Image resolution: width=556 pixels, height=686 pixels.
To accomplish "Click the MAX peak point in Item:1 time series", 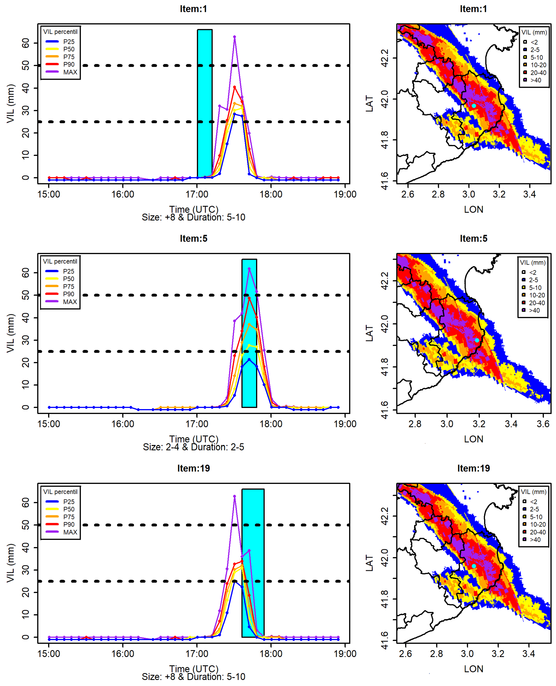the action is coord(234,37).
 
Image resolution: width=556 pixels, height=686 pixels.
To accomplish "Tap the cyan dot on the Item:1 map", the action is coord(474,106).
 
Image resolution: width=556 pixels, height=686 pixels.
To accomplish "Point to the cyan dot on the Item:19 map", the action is coord(474,566).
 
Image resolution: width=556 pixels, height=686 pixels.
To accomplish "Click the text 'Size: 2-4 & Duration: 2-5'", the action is coord(194,447).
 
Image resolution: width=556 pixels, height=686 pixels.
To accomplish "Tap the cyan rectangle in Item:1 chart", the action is coord(205,102).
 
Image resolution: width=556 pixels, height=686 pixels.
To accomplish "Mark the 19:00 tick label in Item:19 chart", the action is coord(345,654).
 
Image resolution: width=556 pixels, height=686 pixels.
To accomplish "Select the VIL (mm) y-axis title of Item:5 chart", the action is coord(10,333).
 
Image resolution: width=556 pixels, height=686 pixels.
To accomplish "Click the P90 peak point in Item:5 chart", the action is coord(249,298).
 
